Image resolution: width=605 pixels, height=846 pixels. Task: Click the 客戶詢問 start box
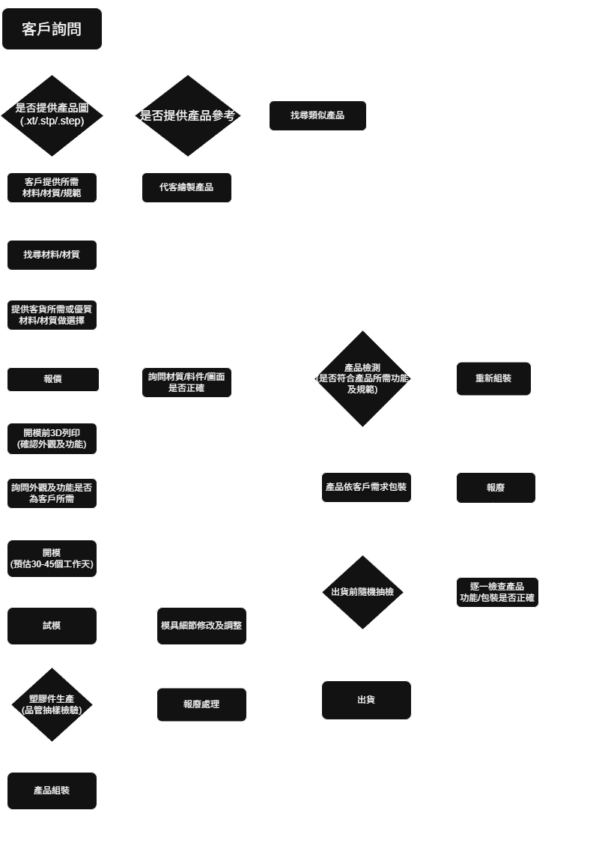[x=52, y=28]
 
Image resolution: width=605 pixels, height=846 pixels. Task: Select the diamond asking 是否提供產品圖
[x=52, y=115]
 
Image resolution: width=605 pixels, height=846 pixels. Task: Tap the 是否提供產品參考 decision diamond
[x=188, y=115]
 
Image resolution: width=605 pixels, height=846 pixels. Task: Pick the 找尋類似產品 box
[x=317, y=115]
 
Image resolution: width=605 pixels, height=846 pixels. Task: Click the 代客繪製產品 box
[x=186, y=188]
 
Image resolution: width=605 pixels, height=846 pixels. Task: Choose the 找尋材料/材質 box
[x=52, y=255]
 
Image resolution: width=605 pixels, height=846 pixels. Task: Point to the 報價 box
[x=53, y=379]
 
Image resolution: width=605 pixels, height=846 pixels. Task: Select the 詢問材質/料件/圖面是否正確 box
[x=186, y=382]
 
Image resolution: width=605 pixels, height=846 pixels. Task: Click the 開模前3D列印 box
[x=52, y=438]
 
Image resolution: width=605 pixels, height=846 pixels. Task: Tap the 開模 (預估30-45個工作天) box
[x=52, y=558]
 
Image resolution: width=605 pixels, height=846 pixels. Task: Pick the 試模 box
[x=52, y=626]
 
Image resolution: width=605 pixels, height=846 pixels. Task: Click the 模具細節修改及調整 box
[x=201, y=626]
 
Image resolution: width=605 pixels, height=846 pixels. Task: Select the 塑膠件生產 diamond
[x=52, y=704]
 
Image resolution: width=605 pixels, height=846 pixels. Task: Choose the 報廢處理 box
[x=201, y=704]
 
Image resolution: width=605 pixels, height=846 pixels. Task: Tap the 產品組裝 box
[x=52, y=791]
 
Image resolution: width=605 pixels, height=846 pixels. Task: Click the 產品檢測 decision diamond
[x=362, y=378]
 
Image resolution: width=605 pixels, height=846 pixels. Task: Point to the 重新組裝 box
[x=493, y=378]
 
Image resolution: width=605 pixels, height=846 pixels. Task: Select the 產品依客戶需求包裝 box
[x=366, y=487]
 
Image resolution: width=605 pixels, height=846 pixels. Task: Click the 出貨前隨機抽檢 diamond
[x=362, y=593]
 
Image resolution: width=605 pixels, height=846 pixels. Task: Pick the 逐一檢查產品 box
[x=497, y=593]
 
